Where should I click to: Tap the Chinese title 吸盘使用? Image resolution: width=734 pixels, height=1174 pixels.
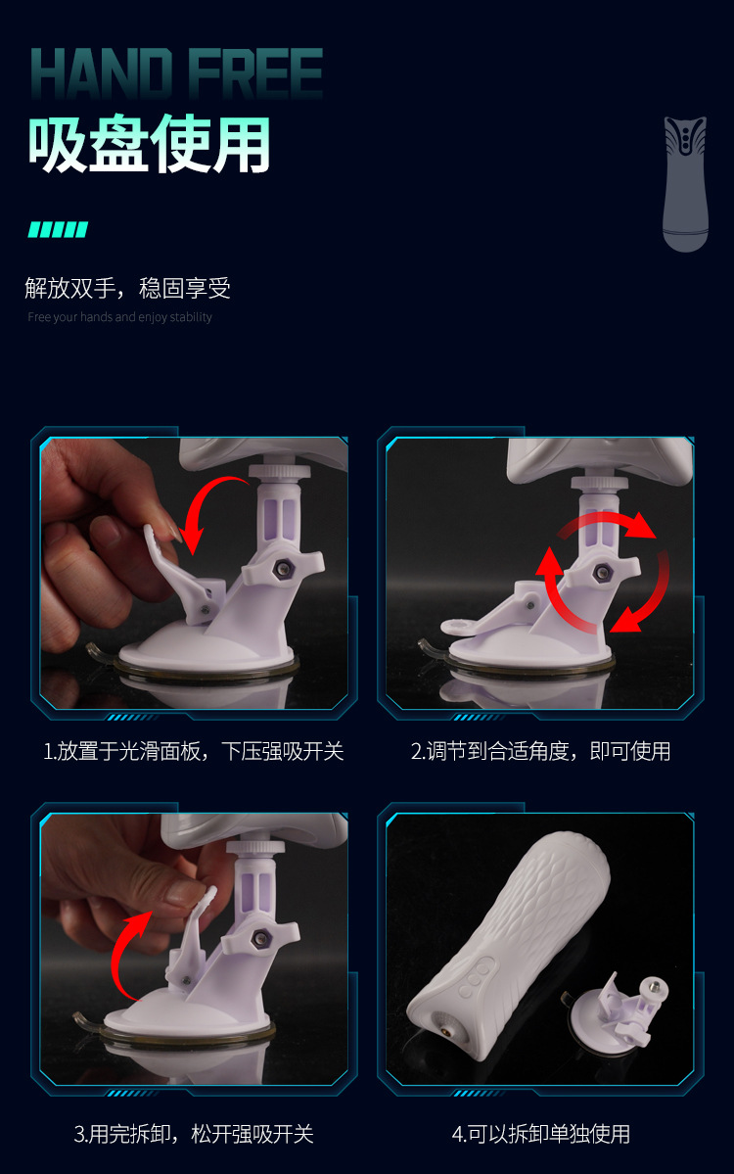[x=149, y=144]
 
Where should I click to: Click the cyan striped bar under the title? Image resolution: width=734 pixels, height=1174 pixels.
[x=58, y=229]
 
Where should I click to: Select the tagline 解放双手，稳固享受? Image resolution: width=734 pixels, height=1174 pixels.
[x=127, y=288]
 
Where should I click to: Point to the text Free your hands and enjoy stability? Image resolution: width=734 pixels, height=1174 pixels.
[x=119, y=316]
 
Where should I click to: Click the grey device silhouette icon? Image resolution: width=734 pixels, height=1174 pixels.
[x=685, y=183]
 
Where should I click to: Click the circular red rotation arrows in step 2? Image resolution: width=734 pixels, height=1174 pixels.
[x=602, y=572]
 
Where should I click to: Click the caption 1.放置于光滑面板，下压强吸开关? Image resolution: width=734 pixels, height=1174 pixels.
[x=193, y=751]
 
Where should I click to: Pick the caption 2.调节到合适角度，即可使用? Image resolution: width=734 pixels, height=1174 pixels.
[x=540, y=751]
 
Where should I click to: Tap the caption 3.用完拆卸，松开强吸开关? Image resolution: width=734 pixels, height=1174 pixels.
[x=193, y=1134]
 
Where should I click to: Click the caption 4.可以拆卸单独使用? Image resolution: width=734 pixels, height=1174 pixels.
[x=540, y=1134]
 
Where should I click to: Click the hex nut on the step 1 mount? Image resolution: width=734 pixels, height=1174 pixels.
[x=284, y=568]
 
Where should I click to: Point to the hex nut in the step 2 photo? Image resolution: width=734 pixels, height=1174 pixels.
[x=603, y=575]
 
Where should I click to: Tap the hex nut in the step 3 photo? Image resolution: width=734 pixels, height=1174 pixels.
[x=261, y=939]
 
